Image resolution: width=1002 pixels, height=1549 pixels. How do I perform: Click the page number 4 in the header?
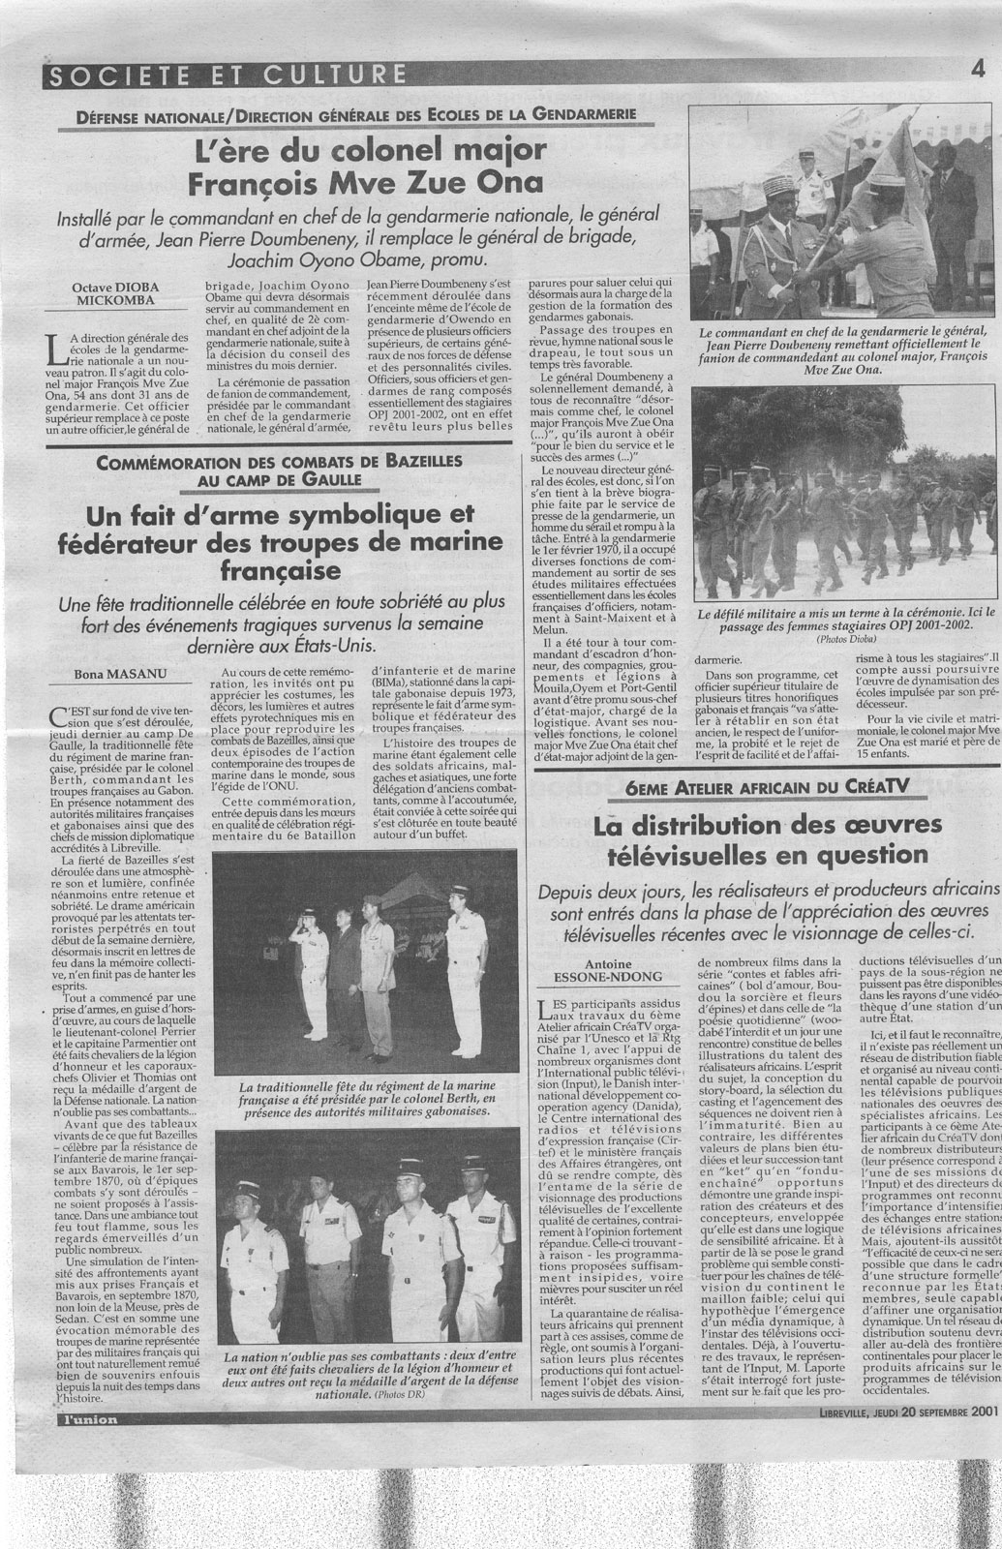pos(980,69)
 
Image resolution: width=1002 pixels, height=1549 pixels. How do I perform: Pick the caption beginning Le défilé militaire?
pos(837,621)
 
